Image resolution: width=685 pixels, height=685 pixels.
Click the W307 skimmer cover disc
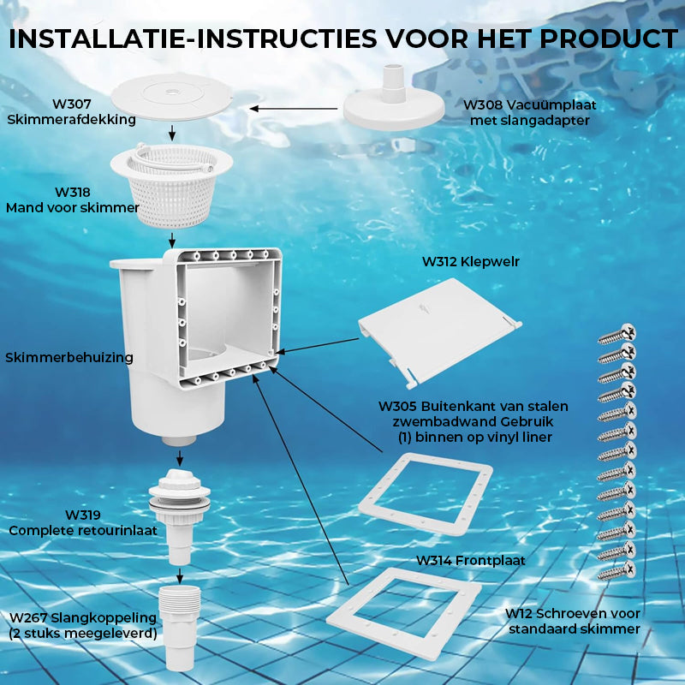point(172,97)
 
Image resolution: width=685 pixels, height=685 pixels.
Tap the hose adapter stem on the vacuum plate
point(393,83)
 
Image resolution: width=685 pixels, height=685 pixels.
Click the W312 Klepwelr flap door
point(439,331)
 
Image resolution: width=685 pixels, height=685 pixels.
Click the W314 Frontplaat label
point(470,561)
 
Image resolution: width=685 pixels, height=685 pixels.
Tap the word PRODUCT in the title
point(609,39)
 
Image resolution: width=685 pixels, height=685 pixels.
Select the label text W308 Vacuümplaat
point(529,104)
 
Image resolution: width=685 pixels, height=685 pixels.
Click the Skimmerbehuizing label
point(69,357)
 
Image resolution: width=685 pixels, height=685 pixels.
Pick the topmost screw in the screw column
point(616,334)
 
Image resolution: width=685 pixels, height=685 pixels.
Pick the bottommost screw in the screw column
point(616,571)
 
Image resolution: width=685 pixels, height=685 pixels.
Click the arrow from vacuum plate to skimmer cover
point(293,109)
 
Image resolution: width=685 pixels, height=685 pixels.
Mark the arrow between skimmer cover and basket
point(172,133)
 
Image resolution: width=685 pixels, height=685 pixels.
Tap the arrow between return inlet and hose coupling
point(180,575)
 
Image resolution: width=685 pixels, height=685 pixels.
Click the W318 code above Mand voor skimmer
point(73,192)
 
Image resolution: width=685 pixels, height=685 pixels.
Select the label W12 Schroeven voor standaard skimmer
point(573,622)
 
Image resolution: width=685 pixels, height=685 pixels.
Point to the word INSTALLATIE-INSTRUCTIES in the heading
point(193,39)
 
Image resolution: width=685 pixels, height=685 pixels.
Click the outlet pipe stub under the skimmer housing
point(179,441)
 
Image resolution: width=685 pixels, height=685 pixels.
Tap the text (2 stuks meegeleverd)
point(83,634)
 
